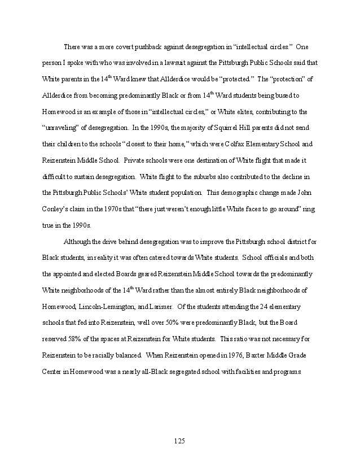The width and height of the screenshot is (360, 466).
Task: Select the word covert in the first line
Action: click(x=121, y=46)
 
